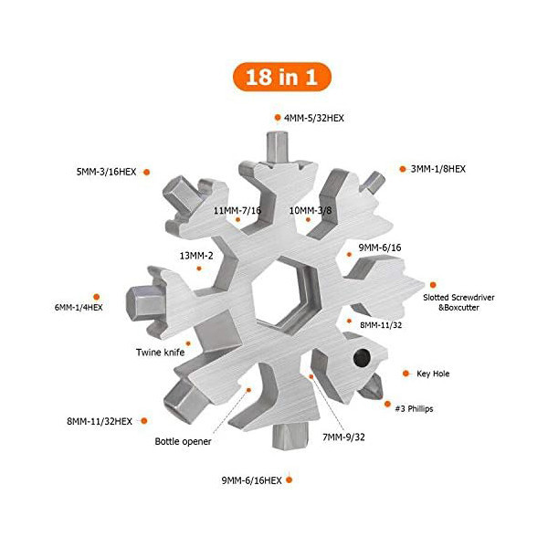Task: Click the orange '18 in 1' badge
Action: pos(281,77)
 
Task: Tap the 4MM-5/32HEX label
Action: pos(314,118)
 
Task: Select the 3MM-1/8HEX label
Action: pos(438,169)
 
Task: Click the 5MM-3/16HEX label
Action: pos(106,172)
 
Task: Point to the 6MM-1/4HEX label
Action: pos(79,308)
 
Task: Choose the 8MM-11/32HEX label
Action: pos(100,421)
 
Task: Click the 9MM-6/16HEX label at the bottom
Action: pos(252,480)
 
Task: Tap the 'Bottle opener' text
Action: pos(183,441)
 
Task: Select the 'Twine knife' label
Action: pos(161,353)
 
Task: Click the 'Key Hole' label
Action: pos(433,374)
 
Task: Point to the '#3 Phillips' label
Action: pos(414,409)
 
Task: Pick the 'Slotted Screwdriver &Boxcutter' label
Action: pos(458,302)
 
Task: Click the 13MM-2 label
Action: pos(196,256)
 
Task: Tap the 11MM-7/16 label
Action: pos(237,210)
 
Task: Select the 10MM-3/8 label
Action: pos(311,210)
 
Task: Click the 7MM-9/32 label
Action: pos(343,437)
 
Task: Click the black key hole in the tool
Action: pos(362,357)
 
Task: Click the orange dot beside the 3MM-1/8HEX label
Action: pos(403,169)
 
